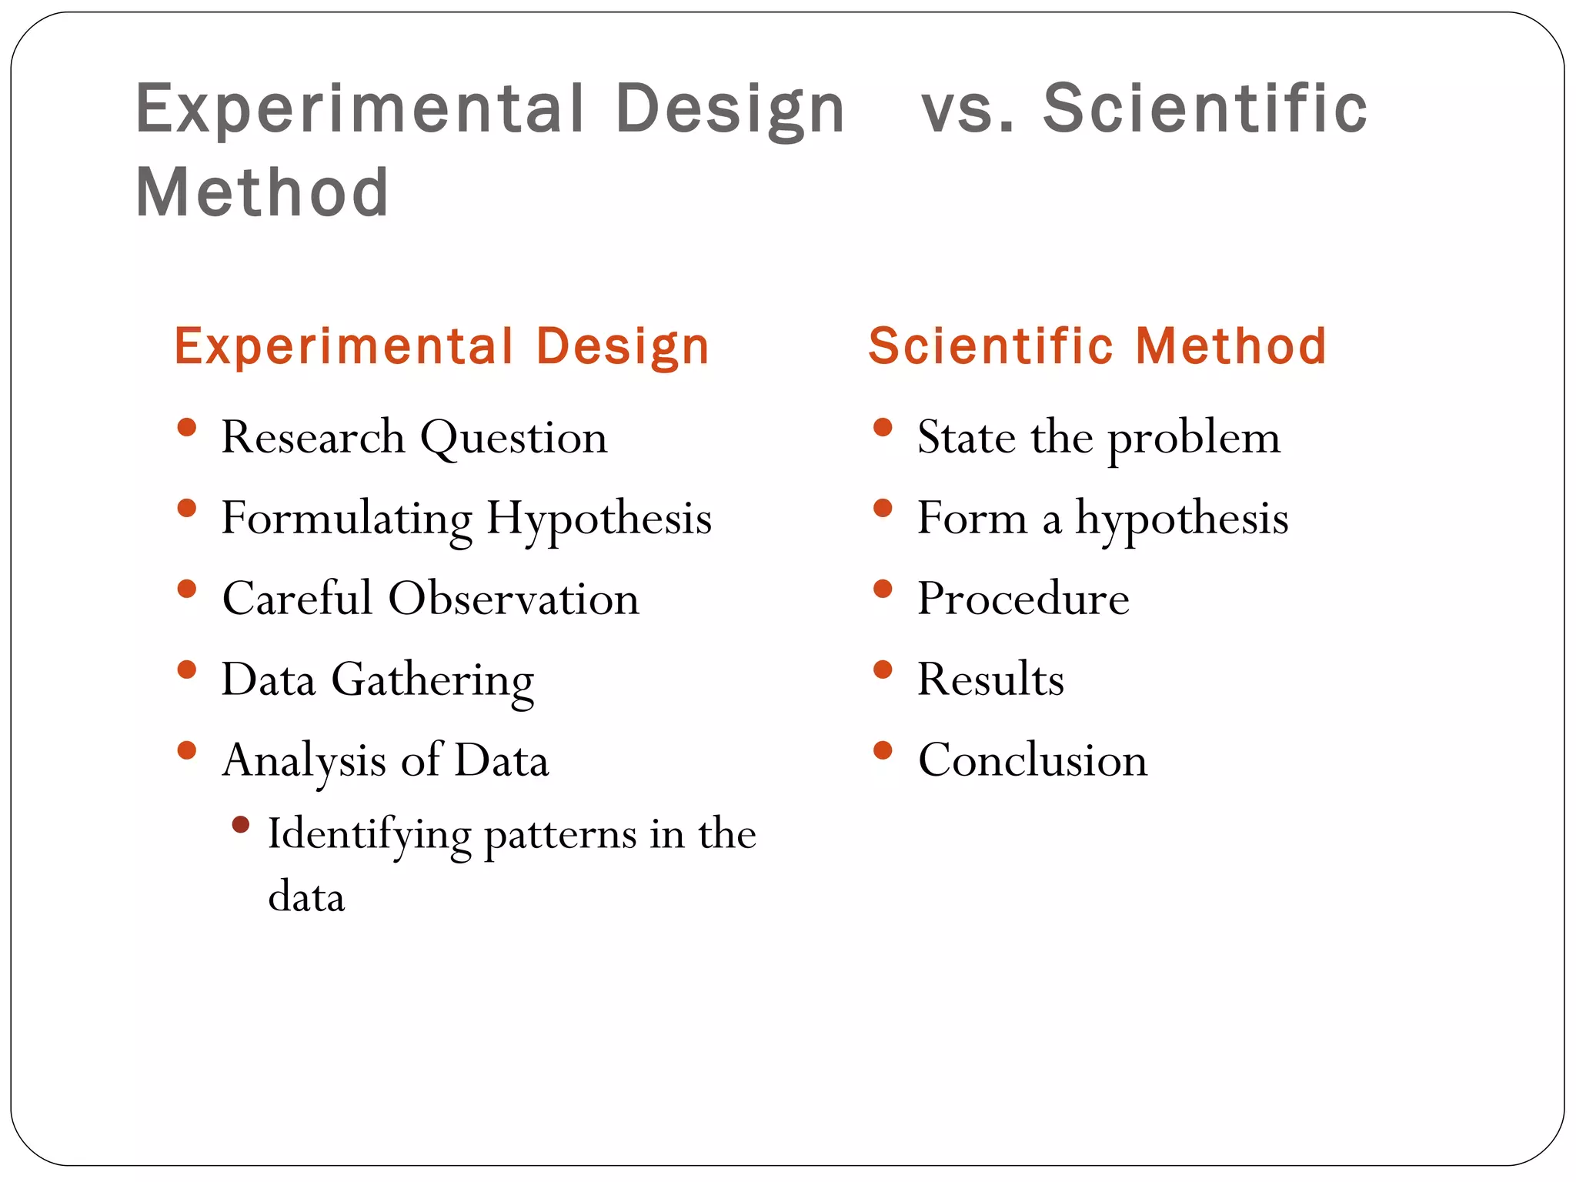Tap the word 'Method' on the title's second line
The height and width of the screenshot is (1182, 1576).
[x=262, y=192]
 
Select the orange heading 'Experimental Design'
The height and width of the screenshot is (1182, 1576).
[x=442, y=346]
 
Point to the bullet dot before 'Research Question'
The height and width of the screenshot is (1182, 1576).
[x=186, y=428]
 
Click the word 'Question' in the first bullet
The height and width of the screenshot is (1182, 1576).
[x=514, y=439]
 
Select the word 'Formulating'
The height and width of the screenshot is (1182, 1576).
[x=346, y=519]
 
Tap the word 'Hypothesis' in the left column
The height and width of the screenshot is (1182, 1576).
[x=599, y=519]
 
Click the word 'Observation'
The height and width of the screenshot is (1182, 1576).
[x=513, y=599]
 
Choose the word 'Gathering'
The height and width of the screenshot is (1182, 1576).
[x=432, y=681]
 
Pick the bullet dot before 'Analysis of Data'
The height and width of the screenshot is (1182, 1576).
[x=186, y=751]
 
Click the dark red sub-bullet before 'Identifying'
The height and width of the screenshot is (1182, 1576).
[x=241, y=825]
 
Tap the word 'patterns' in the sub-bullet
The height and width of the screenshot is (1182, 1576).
[x=560, y=836]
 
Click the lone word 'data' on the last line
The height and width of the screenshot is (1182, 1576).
[x=306, y=898]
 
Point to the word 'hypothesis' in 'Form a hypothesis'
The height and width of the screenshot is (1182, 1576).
[x=1181, y=519]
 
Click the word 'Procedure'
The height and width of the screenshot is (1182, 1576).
[x=1023, y=599]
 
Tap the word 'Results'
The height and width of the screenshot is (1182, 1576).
[x=990, y=680]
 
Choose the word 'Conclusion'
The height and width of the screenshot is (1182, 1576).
[x=1033, y=761]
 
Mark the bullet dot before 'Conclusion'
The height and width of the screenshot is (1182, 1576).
[x=883, y=751]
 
